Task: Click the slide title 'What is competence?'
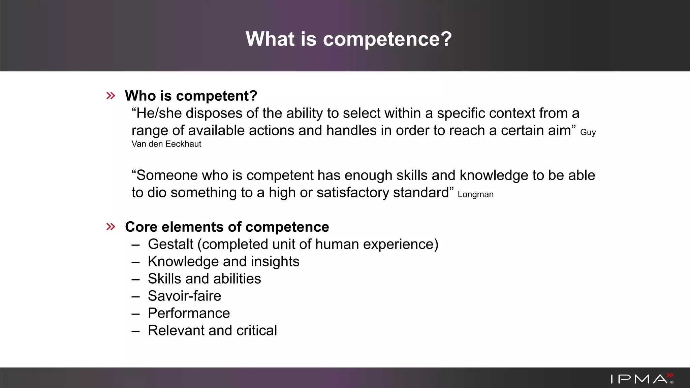tap(349, 39)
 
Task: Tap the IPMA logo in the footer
tap(642, 379)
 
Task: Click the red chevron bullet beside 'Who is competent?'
tap(111, 96)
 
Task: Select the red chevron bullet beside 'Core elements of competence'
tap(111, 227)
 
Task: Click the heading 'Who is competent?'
tap(191, 96)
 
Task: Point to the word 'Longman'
tap(475, 195)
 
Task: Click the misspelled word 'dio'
tap(157, 193)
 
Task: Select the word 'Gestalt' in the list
tap(170, 244)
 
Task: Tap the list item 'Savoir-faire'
tap(184, 296)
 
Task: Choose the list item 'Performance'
tap(189, 313)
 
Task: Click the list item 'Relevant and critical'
tap(212, 330)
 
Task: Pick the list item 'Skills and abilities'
tap(204, 279)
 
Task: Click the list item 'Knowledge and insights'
tap(223, 262)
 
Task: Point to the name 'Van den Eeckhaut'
tap(166, 144)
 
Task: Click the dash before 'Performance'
tap(136, 314)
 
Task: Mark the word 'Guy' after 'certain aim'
tap(588, 132)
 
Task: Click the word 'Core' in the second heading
tap(141, 227)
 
